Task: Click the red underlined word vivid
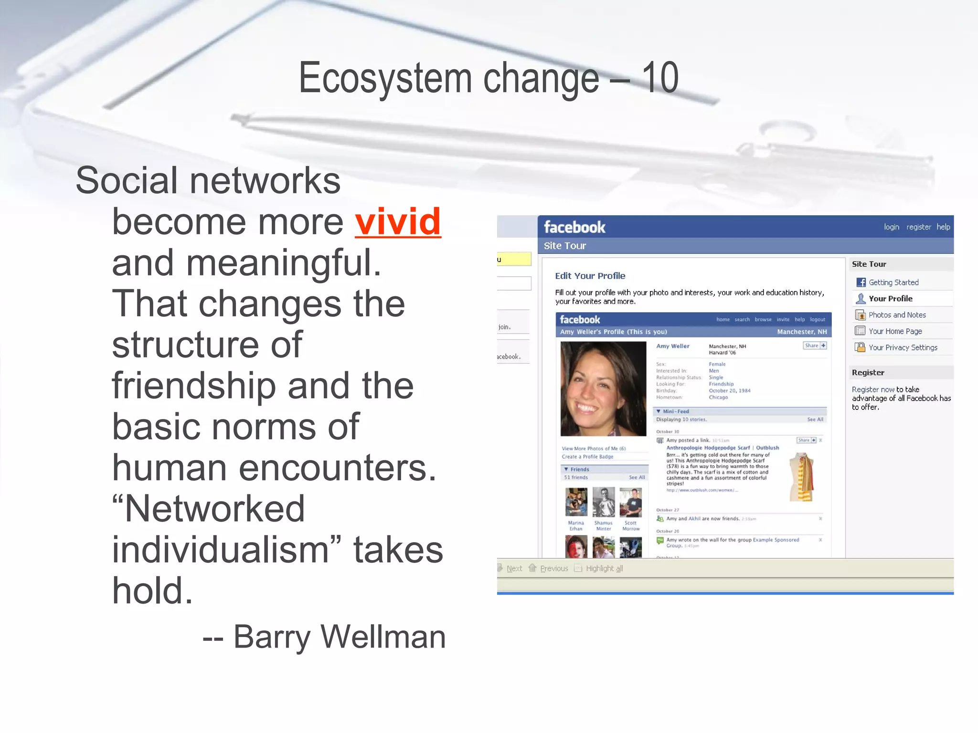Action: pos(398,222)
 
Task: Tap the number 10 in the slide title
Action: pos(659,78)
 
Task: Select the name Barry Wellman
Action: pos(339,637)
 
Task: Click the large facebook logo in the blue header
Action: pos(574,227)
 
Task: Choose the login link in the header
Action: pos(891,227)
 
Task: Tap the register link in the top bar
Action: pos(918,227)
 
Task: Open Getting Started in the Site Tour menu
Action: pos(893,283)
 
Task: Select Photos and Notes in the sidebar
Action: pos(897,315)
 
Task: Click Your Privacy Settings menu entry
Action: pos(903,347)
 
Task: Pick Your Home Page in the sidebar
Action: pos(895,331)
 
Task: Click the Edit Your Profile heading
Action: pos(590,276)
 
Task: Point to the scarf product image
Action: pos(802,477)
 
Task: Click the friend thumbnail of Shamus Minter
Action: pos(604,502)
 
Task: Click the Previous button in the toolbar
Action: pos(553,568)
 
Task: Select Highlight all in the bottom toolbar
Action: pos(604,568)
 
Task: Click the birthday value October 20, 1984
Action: pos(729,390)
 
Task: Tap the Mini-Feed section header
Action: pos(675,411)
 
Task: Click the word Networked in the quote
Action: pos(214,509)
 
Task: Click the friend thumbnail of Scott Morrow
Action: pos(630,502)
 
